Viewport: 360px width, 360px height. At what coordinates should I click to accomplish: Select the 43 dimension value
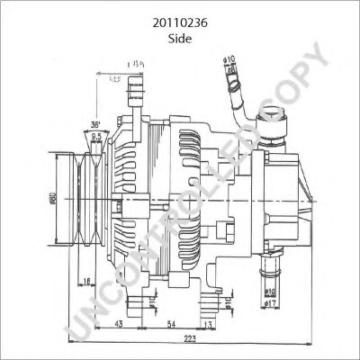point(120,324)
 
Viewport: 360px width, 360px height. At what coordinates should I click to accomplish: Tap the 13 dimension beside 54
point(209,324)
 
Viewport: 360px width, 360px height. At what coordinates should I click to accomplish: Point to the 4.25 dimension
point(115,80)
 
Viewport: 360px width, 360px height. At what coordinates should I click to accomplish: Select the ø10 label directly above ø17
point(269,290)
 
